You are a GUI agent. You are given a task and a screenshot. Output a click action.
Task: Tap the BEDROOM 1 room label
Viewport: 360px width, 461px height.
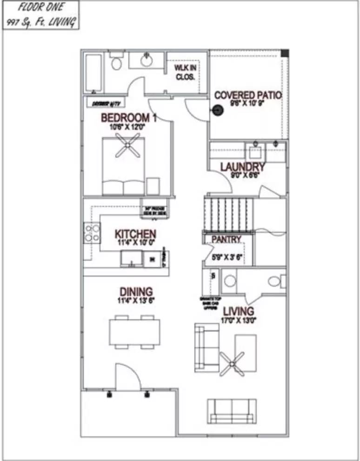(128, 118)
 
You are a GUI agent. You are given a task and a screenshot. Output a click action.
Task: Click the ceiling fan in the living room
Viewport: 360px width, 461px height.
(232, 363)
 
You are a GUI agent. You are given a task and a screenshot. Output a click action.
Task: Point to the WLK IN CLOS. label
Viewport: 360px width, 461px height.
(185, 72)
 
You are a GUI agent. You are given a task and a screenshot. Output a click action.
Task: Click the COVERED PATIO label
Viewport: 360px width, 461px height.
(248, 95)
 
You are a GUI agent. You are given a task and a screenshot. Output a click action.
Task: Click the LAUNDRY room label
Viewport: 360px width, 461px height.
(242, 167)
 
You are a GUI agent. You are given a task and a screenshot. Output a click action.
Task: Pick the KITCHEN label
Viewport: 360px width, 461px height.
(135, 234)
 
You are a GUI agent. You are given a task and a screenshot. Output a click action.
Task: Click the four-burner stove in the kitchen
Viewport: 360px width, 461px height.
(92, 233)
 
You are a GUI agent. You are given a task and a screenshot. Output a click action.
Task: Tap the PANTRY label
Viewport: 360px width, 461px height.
(227, 240)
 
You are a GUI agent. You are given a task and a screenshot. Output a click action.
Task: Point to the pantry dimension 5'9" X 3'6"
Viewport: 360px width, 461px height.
(226, 257)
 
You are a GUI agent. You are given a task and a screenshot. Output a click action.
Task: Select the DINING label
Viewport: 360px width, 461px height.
(136, 292)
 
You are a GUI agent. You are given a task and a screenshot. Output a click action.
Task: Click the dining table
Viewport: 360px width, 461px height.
(135, 332)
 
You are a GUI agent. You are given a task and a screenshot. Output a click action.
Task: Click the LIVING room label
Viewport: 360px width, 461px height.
(238, 311)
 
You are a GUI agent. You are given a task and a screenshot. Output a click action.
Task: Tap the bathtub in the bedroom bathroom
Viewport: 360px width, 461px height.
(94, 74)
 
